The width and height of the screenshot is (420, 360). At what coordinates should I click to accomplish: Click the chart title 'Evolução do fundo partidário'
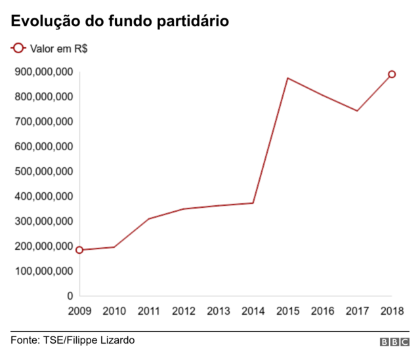[119, 21]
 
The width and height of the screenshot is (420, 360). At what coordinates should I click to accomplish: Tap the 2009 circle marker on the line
[79, 250]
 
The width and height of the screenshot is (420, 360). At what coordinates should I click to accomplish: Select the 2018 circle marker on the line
[392, 74]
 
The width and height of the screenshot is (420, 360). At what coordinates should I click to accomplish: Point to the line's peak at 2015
[287, 78]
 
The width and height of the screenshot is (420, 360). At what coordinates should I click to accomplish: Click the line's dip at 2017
[357, 111]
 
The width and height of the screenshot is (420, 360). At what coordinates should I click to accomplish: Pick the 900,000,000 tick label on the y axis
[43, 72]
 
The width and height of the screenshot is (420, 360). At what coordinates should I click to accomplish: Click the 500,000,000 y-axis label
[43, 172]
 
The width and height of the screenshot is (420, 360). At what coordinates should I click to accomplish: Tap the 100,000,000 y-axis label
[43, 271]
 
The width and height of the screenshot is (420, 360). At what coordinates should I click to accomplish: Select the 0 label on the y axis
[69, 296]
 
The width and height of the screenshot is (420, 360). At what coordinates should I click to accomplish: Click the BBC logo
[394, 342]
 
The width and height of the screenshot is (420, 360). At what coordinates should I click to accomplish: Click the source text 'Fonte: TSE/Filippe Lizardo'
[72, 340]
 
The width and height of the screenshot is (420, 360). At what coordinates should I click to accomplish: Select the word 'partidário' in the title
[194, 21]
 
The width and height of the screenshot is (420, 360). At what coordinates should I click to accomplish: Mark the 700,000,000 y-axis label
[43, 122]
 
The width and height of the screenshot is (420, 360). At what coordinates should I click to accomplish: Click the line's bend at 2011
[149, 218]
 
